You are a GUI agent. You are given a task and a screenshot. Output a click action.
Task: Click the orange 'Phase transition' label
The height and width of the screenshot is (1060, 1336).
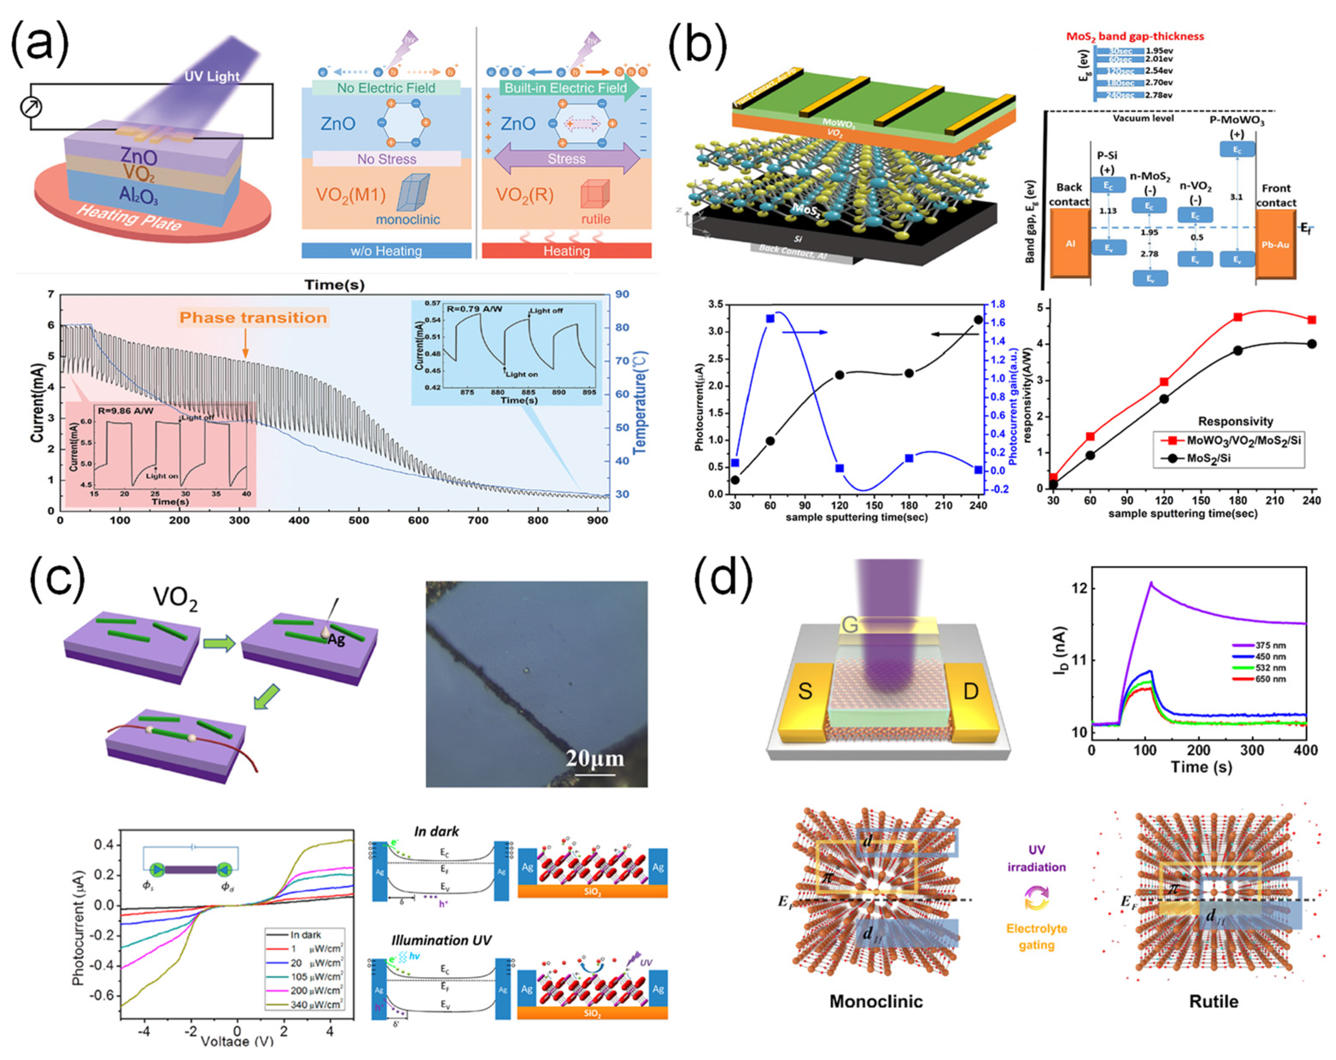pos(253,318)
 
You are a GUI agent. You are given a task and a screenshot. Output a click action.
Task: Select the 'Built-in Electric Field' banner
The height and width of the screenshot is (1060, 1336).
pos(565,88)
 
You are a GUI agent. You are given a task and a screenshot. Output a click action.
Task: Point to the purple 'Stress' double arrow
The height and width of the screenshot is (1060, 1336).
pos(566,159)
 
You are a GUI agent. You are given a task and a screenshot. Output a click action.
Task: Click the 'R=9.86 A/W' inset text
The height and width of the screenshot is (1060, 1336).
pos(126,411)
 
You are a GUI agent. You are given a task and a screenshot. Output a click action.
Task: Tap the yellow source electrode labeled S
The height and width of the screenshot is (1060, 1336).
pos(805,691)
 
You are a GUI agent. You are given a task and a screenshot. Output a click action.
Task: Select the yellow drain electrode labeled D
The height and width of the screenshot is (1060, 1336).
pos(971,691)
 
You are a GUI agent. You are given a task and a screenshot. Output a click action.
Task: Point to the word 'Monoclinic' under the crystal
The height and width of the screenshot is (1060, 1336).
pos(876,1001)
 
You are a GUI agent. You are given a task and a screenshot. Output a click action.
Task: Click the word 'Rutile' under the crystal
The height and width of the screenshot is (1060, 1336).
pos(1213,1001)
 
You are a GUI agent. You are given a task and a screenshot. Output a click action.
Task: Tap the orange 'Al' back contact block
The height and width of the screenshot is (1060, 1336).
pos(1070,243)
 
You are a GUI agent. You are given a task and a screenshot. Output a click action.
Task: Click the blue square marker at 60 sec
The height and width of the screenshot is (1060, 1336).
pos(770,318)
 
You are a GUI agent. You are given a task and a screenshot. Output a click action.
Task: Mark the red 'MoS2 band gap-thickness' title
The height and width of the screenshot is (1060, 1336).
pos(1134,36)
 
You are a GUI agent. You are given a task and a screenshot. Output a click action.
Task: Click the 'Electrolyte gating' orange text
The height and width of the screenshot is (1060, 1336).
pos(1036,937)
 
